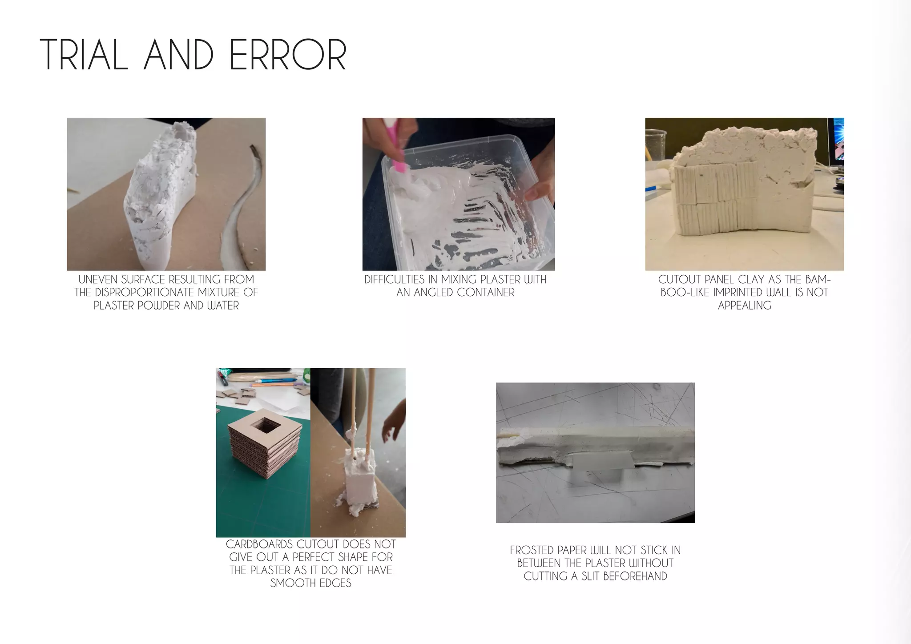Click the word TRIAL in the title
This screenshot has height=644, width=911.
84,55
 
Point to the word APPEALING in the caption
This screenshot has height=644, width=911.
744,306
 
